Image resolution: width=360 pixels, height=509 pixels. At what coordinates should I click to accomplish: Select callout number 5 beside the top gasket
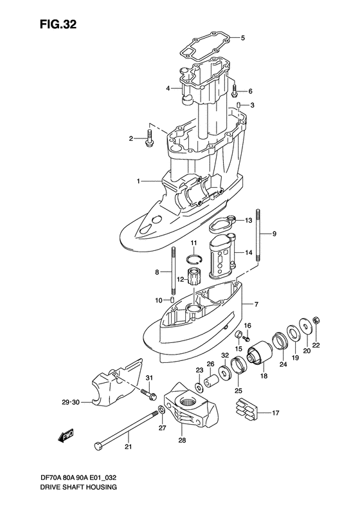pos(242,38)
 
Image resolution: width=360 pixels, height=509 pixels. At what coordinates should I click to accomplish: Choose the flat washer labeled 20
pos(300,330)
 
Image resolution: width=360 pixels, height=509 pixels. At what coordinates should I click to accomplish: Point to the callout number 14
pos(248,253)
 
